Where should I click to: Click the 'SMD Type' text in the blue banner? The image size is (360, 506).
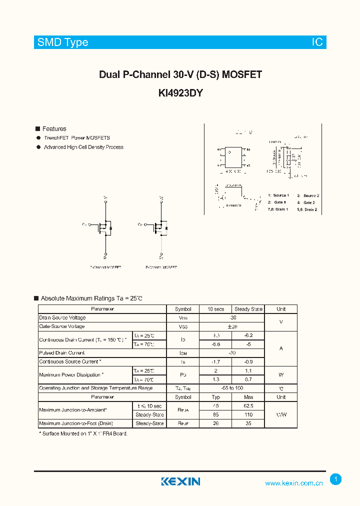click(x=63, y=42)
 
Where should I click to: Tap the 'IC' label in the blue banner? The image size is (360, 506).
click(x=317, y=42)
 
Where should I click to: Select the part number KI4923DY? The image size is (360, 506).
click(x=180, y=93)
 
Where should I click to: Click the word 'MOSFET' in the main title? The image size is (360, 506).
click(x=242, y=75)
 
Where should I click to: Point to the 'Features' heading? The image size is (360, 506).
click(x=54, y=129)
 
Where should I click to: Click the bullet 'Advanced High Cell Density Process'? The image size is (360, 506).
click(x=83, y=147)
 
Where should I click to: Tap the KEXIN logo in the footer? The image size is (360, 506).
click(x=180, y=481)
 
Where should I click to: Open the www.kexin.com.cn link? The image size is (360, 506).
click(x=294, y=483)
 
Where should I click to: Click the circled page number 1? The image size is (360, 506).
click(x=336, y=479)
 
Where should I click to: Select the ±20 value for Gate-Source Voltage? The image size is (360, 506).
click(x=231, y=326)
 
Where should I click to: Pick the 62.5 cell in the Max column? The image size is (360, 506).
click(x=248, y=406)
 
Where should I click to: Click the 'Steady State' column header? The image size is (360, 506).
click(x=248, y=309)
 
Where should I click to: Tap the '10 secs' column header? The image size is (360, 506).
click(x=216, y=309)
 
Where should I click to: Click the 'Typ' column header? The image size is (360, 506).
click(x=216, y=397)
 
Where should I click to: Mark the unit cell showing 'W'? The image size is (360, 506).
click(x=281, y=375)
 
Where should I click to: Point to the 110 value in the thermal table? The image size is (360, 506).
click(x=248, y=414)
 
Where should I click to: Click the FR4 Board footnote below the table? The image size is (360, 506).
click(x=83, y=434)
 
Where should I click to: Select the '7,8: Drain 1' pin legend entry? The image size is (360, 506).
click(x=278, y=209)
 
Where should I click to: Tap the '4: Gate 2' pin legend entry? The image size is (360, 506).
click(x=306, y=202)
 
